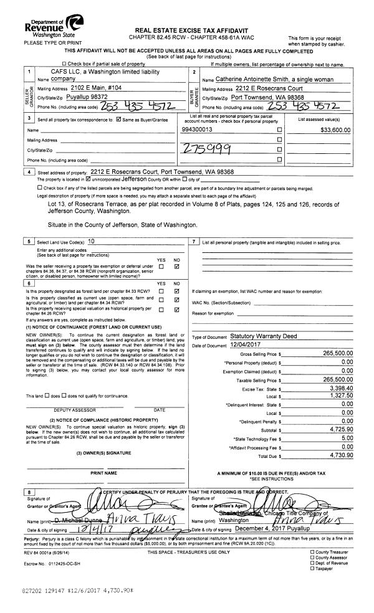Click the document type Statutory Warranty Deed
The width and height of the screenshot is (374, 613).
pos(265,336)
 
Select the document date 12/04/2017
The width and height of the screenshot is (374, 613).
pos(249,345)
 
